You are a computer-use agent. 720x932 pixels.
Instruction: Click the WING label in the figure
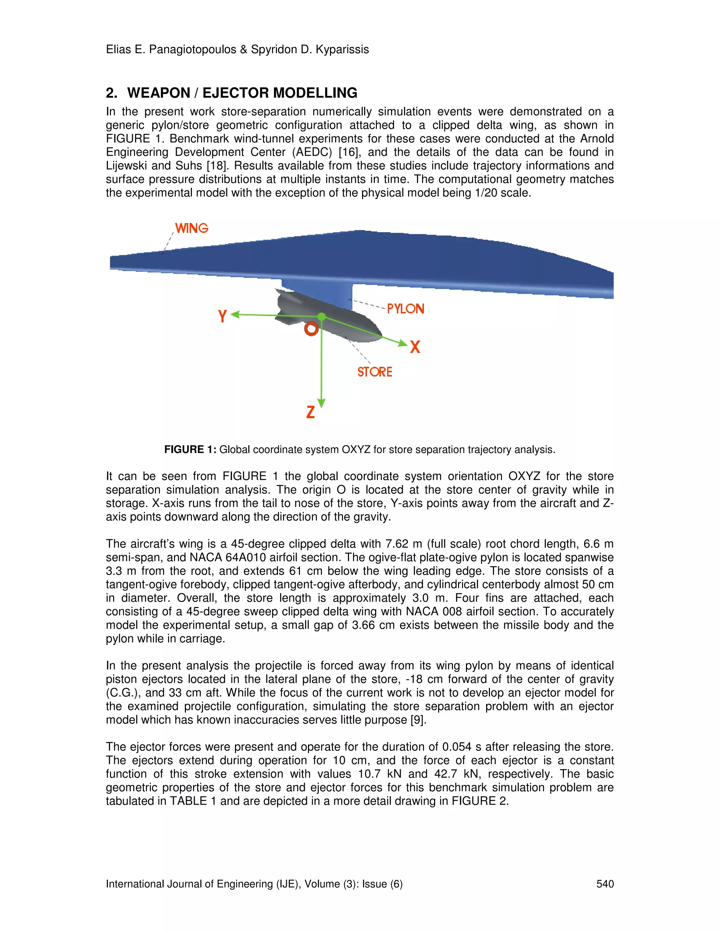[192, 228]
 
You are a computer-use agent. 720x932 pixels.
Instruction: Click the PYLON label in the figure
[405, 309]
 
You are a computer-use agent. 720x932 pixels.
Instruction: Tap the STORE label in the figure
[374, 372]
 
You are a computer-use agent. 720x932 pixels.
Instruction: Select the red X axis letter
[415, 347]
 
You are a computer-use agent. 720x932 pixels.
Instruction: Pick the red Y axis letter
[222, 316]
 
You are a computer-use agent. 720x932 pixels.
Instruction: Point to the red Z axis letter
[310, 412]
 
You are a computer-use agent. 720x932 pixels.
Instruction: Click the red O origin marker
[311, 329]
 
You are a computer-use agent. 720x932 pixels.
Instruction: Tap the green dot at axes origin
[322, 317]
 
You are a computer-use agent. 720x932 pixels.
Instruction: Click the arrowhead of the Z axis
[322, 403]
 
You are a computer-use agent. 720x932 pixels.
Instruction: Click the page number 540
[605, 884]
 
